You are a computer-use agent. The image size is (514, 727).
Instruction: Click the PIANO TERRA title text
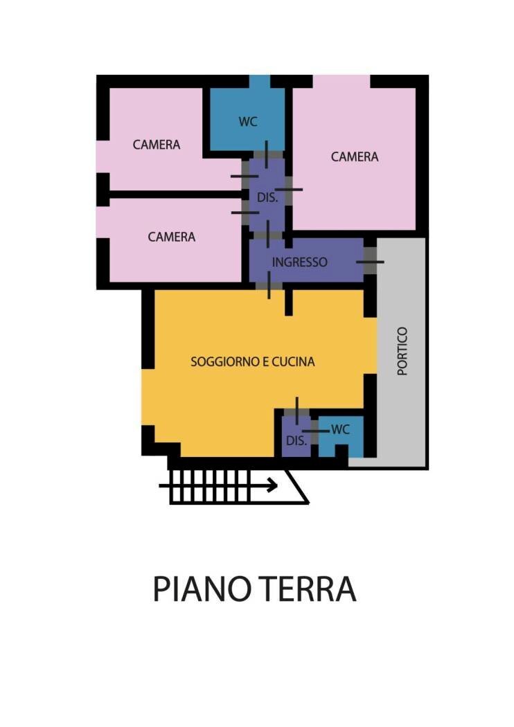[254, 589]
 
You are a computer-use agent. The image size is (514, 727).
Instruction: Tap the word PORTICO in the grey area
[403, 351]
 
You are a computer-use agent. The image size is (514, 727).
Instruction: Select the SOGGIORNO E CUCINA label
[253, 361]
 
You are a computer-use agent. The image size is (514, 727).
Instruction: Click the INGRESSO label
[299, 262]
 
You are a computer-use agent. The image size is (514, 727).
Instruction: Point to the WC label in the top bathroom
[248, 121]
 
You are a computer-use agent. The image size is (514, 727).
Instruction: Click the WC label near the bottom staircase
[340, 429]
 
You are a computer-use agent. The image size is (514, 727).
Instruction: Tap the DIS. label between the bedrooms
[267, 197]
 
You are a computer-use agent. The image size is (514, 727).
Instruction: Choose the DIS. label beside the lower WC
[296, 441]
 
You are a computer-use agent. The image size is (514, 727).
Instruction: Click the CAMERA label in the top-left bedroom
[157, 145]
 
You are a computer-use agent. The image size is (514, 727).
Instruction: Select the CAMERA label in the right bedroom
[355, 156]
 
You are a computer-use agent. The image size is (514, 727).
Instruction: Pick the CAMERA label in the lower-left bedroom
[172, 237]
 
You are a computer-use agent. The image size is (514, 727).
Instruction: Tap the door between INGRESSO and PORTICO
[370, 262]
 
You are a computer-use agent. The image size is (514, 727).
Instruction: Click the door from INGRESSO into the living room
[269, 285]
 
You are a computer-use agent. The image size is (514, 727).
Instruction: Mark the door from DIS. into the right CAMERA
[288, 189]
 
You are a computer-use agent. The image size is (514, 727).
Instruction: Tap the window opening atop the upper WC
[259, 81]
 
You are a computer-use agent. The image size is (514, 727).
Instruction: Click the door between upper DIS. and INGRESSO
[267, 235]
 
